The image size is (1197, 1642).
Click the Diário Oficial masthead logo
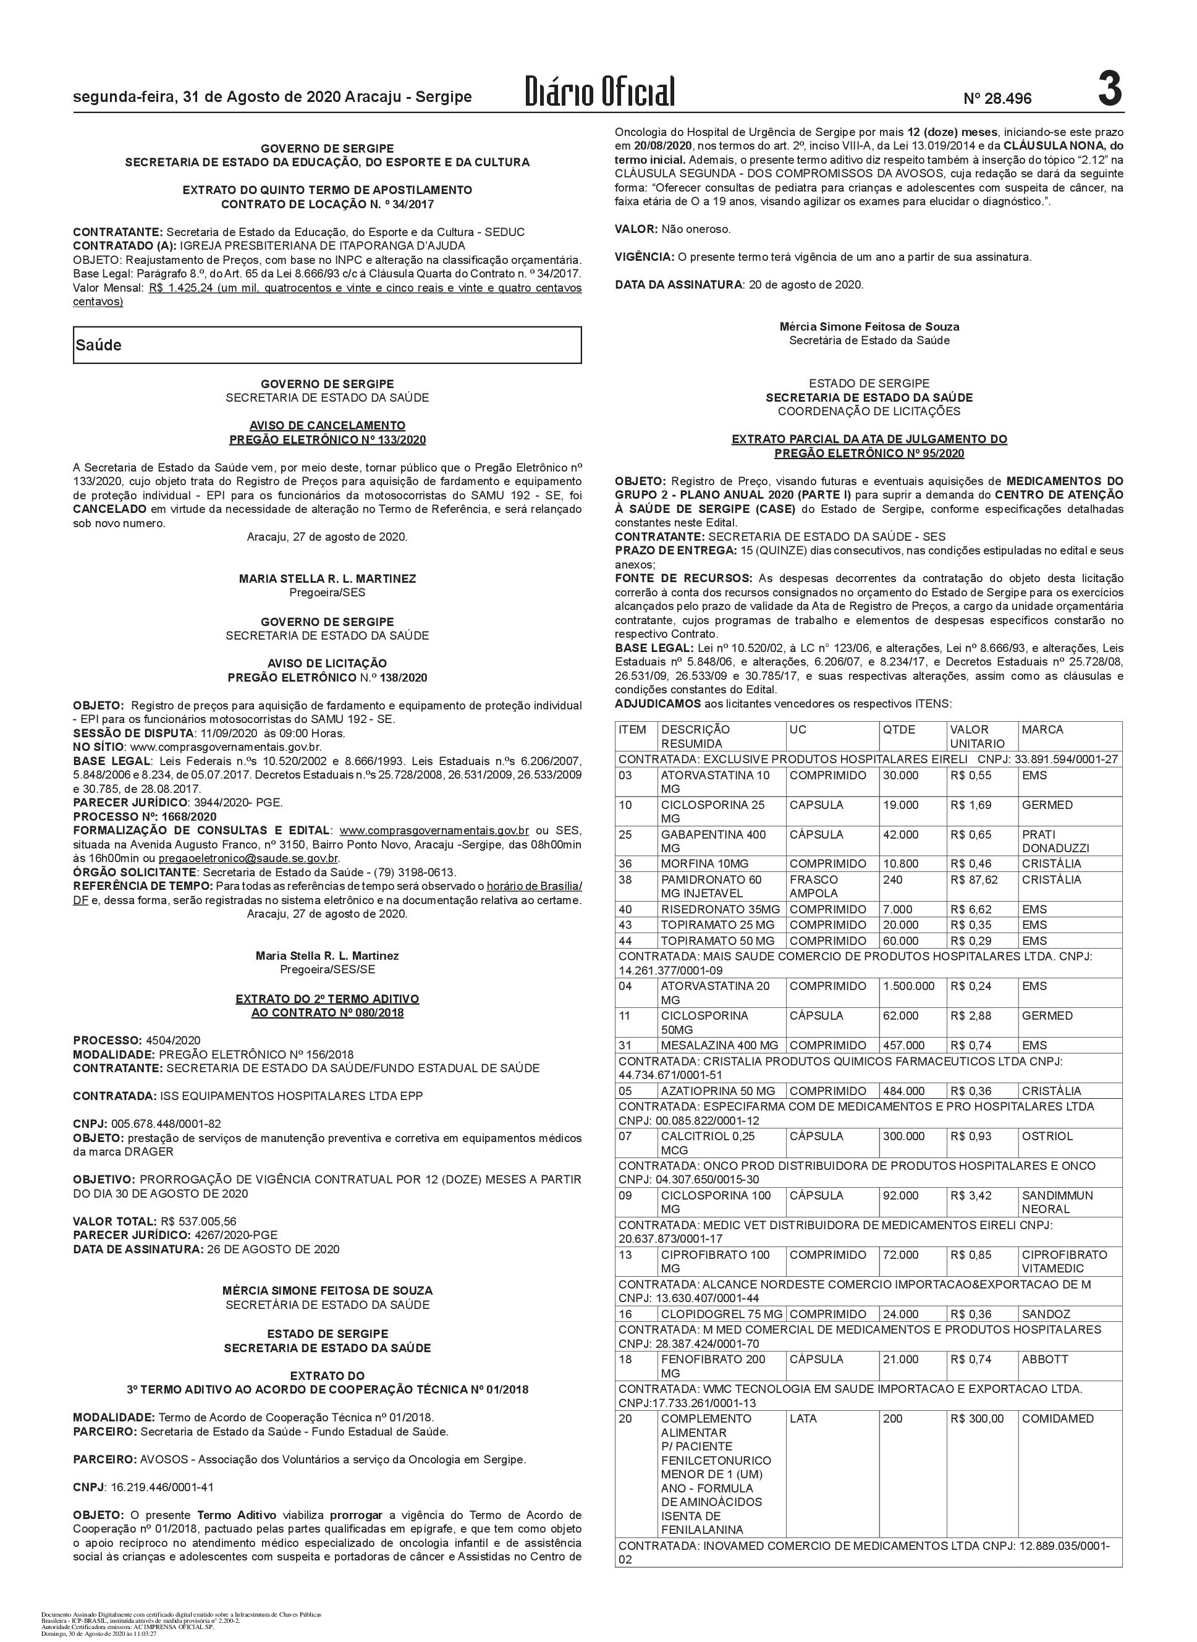pyautogui.click(x=601, y=93)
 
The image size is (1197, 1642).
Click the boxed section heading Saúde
pyautogui.click(x=99, y=345)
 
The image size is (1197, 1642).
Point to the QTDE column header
pyautogui.click(x=899, y=729)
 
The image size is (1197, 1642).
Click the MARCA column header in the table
pyautogui.click(x=1042, y=729)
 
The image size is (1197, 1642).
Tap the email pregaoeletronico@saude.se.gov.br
pyautogui.click(x=248, y=858)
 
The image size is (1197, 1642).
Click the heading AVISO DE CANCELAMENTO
pyautogui.click(x=328, y=425)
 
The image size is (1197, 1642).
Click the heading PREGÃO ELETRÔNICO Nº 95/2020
pyautogui.click(x=869, y=454)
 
